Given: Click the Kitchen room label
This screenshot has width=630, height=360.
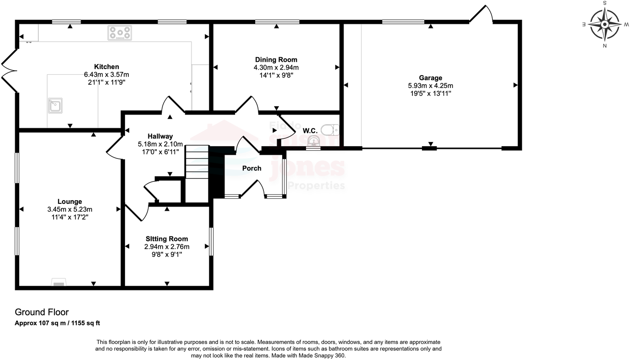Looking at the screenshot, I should coord(106,67).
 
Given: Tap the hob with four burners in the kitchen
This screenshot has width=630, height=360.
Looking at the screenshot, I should coord(120,33).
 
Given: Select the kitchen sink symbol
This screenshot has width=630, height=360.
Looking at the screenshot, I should coord(55,106).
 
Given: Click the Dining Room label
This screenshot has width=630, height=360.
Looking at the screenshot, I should coord(276,60).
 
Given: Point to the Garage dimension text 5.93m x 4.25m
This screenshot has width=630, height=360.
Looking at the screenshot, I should coord(430,86).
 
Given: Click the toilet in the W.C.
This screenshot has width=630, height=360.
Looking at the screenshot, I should coord(330,131).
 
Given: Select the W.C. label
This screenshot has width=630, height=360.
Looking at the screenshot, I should coord(310,131).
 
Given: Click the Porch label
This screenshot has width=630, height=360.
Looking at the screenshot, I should coord(252,168).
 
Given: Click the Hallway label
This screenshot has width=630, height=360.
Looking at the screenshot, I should coord(160,136).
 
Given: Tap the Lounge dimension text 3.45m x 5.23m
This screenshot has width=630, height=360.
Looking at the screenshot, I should coord(70,209).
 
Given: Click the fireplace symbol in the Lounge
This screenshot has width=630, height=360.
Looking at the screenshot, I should coord(58,283).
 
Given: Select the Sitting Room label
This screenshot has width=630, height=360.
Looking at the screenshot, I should coord(167,239).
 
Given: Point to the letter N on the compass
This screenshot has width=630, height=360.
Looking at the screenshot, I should coord(605,46).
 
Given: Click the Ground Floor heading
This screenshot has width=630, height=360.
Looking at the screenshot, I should coord(42,312).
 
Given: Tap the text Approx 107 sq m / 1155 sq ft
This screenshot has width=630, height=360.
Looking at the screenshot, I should coord(57,323).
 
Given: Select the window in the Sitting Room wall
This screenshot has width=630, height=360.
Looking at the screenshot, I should coord(211,242).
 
